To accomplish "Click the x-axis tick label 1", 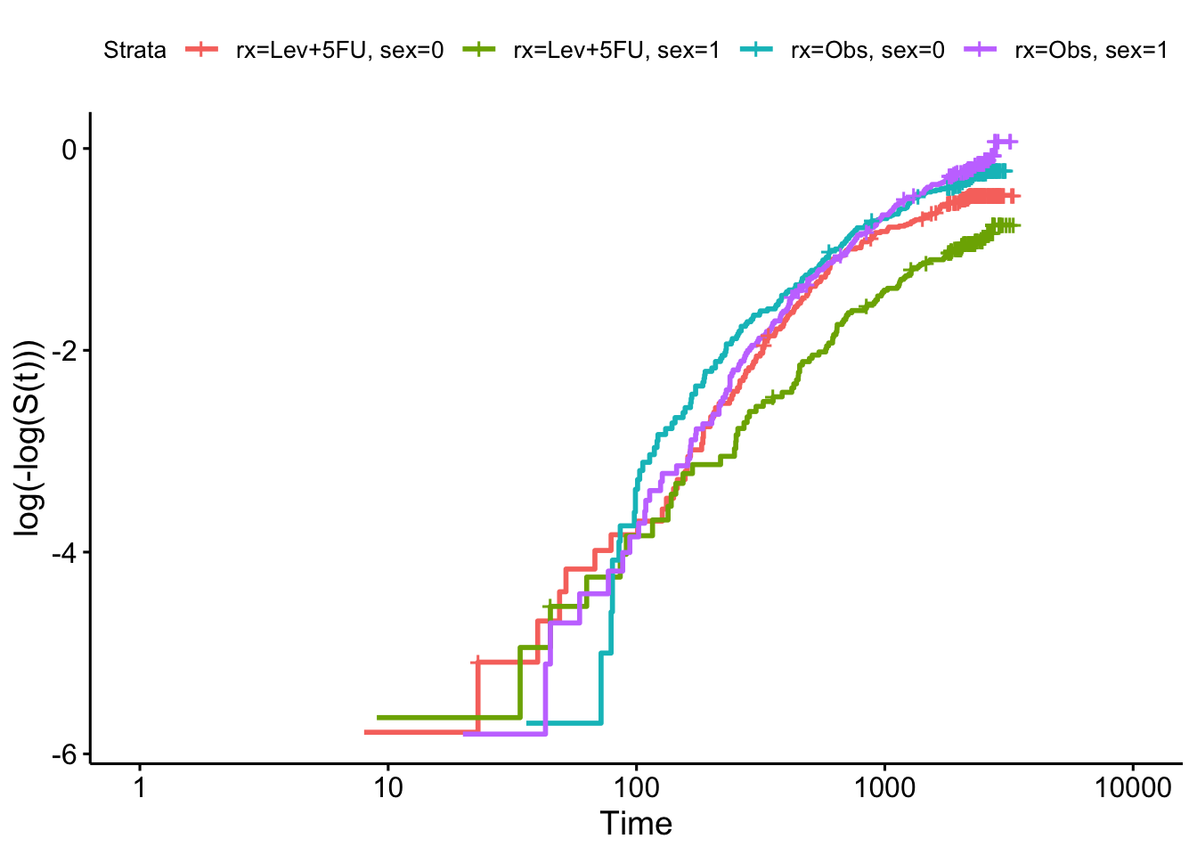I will (140, 788).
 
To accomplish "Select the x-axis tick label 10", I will (387, 788).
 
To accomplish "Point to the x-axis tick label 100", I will (636, 788).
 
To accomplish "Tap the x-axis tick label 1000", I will (884, 788).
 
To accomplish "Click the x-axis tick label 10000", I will (1132, 788).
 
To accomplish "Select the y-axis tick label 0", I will (69, 149).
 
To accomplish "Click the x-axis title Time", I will (636, 824).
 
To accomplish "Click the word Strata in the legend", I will (134, 51).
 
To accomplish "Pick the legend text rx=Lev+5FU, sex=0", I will (339, 51).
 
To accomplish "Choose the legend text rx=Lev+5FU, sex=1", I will (616, 51).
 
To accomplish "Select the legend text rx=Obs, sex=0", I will (867, 51).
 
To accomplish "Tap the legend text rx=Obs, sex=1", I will (1091, 51).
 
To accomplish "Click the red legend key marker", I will (201, 51).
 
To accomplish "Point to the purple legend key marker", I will (981, 51).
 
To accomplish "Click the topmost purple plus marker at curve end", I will (1009, 142).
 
